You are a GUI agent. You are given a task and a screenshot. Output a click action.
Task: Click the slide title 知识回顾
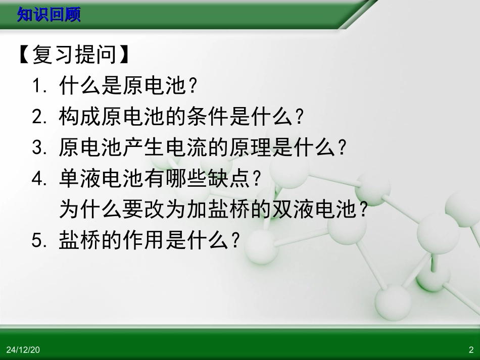coord(49,15)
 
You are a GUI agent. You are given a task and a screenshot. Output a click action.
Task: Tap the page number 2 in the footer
coord(471,349)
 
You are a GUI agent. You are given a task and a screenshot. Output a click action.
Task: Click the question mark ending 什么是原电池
coord(192,87)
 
